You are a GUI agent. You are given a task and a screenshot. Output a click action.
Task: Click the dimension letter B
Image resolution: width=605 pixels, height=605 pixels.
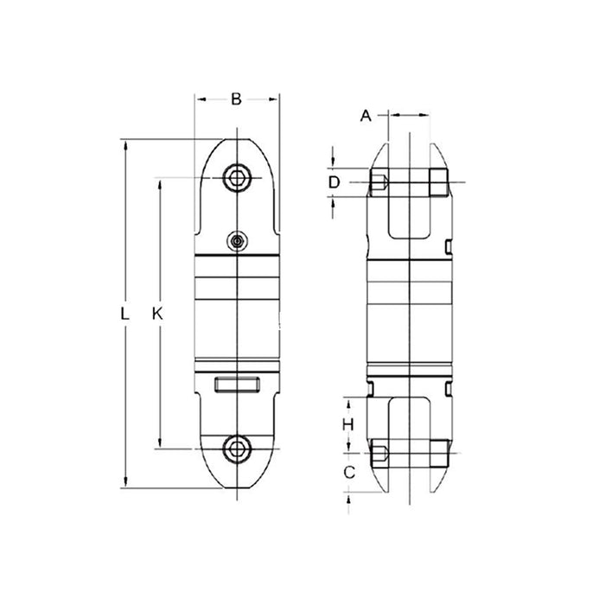pyautogui.click(x=236, y=99)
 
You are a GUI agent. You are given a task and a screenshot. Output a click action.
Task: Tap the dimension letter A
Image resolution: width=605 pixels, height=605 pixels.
pyautogui.click(x=366, y=115)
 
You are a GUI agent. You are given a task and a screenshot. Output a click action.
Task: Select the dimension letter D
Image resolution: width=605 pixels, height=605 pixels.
pyautogui.click(x=334, y=182)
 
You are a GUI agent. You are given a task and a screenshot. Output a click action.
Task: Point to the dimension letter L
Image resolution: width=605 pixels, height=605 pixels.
pyautogui.click(x=124, y=314)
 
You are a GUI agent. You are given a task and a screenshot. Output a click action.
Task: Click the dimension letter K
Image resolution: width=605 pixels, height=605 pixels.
pyautogui.click(x=157, y=314)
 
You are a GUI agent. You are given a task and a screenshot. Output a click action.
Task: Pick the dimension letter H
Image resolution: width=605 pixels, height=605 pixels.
pyautogui.click(x=348, y=425)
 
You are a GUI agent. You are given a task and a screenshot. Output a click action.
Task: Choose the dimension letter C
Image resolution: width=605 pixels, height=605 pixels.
pyautogui.click(x=349, y=472)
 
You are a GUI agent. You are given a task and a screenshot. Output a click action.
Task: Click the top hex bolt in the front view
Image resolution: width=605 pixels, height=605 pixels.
pyautogui.click(x=237, y=178)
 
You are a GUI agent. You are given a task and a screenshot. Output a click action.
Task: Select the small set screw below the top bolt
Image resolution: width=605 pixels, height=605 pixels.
pyautogui.click(x=237, y=241)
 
